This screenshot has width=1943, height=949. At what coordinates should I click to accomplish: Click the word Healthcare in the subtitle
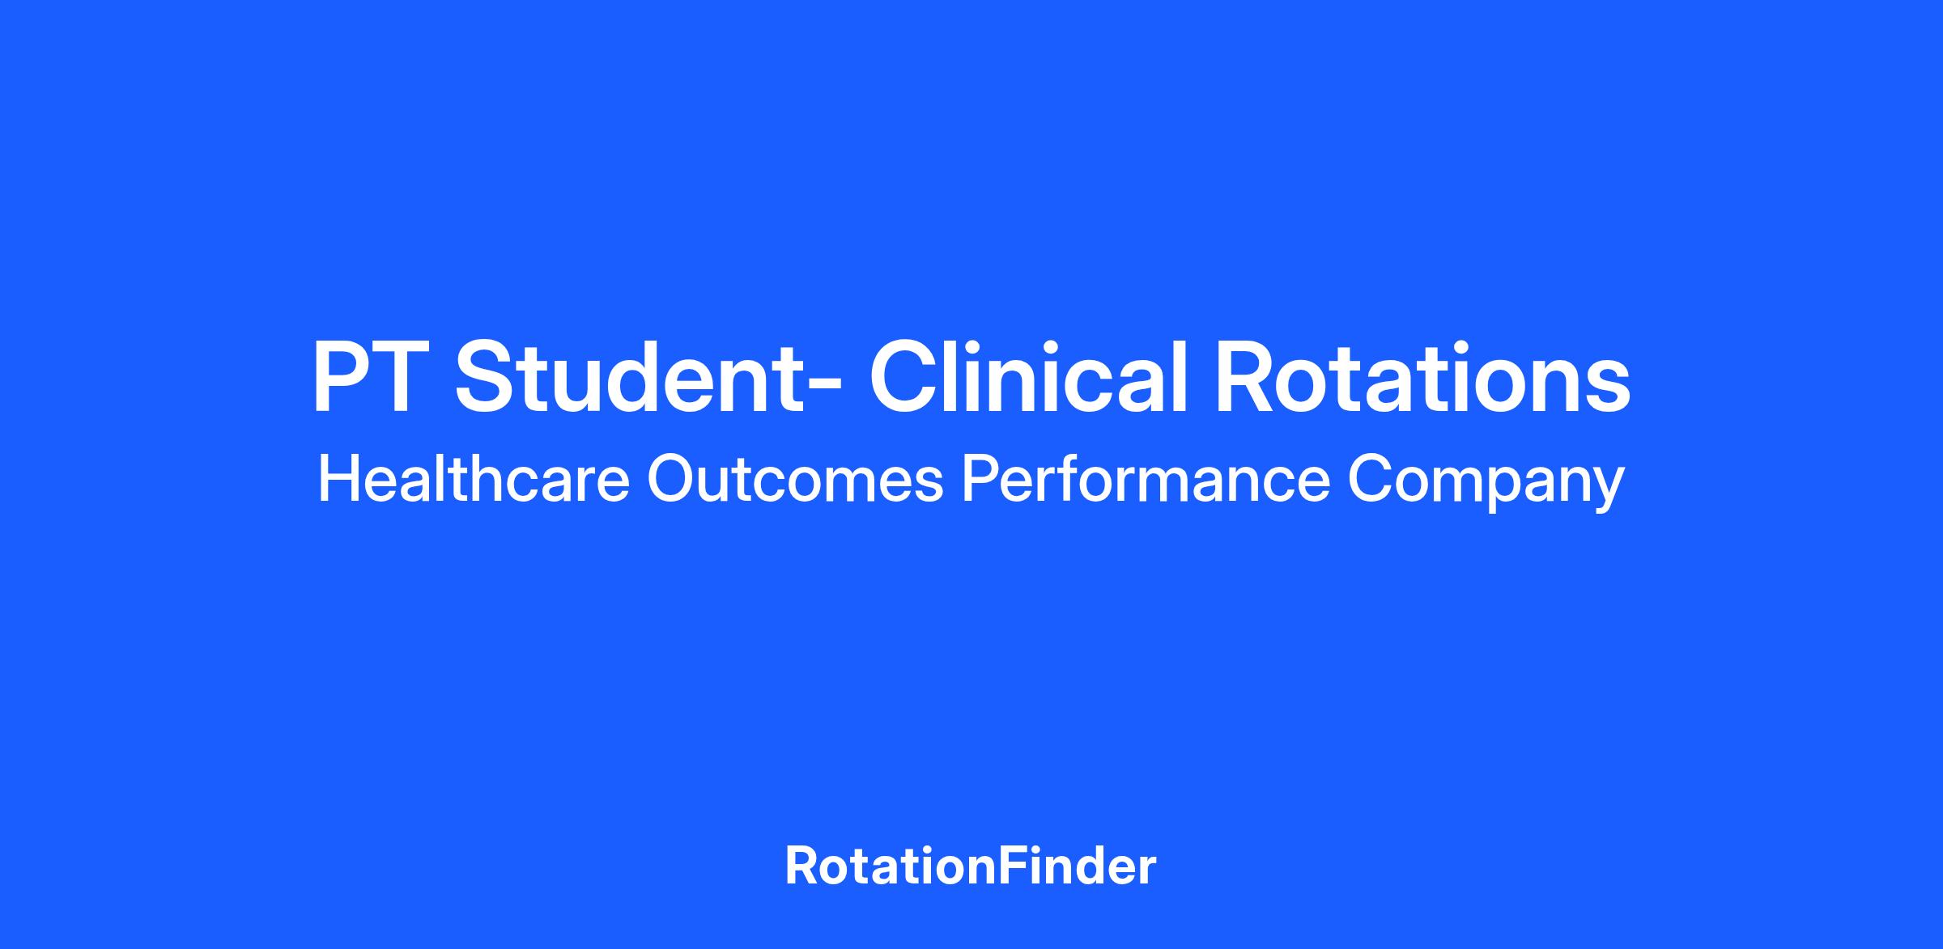(474, 478)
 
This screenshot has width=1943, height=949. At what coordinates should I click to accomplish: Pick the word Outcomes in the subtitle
(795, 479)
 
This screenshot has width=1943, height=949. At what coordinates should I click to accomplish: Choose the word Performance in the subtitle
(1146, 479)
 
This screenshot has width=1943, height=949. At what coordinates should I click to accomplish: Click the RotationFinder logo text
(971, 866)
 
